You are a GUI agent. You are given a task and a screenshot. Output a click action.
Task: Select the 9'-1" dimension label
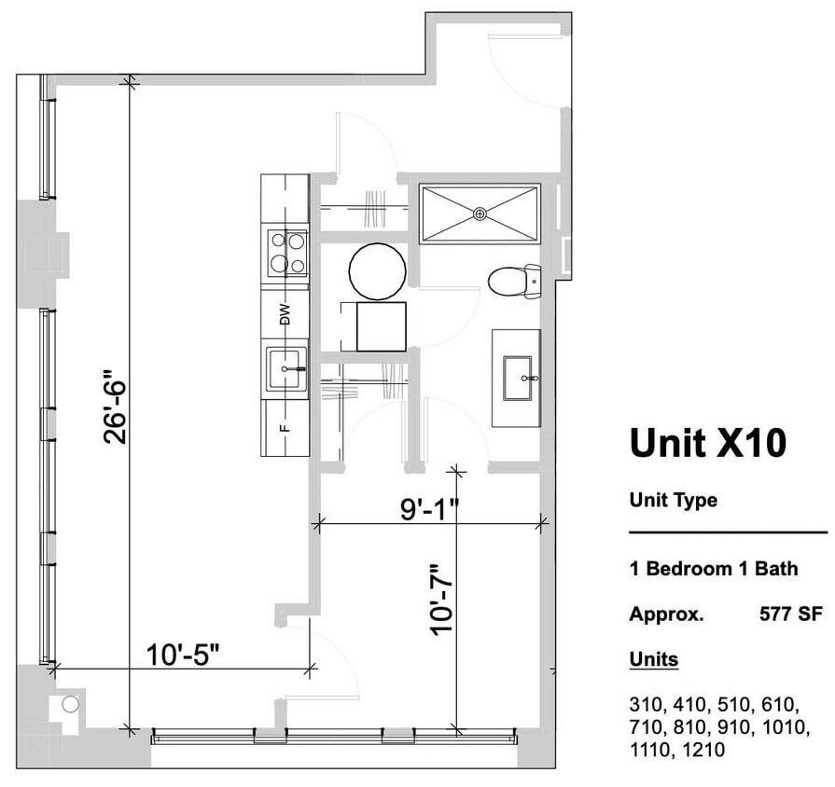coord(430,509)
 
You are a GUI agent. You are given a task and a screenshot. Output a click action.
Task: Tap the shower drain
coord(480,214)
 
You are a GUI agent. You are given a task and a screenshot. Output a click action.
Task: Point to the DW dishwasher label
coord(285,314)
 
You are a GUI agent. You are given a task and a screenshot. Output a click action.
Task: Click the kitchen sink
coord(286,369)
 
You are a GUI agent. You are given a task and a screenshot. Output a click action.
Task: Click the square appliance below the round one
coord(381,326)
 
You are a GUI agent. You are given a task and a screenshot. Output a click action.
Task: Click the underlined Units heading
coord(653,660)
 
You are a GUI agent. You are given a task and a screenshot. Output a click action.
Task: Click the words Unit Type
coord(673,500)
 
